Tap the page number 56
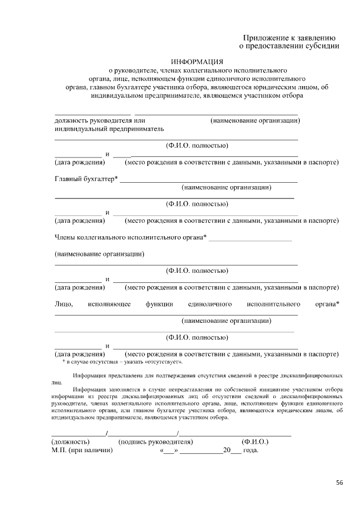click(339, 483)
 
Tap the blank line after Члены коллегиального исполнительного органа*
click(250, 240)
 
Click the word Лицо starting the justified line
click(63, 304)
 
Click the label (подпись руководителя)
click(156, 442)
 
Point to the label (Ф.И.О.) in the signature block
click(255, 442)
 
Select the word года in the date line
click(250, 451)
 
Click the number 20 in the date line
click(227, 451)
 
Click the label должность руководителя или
click(100, 120)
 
